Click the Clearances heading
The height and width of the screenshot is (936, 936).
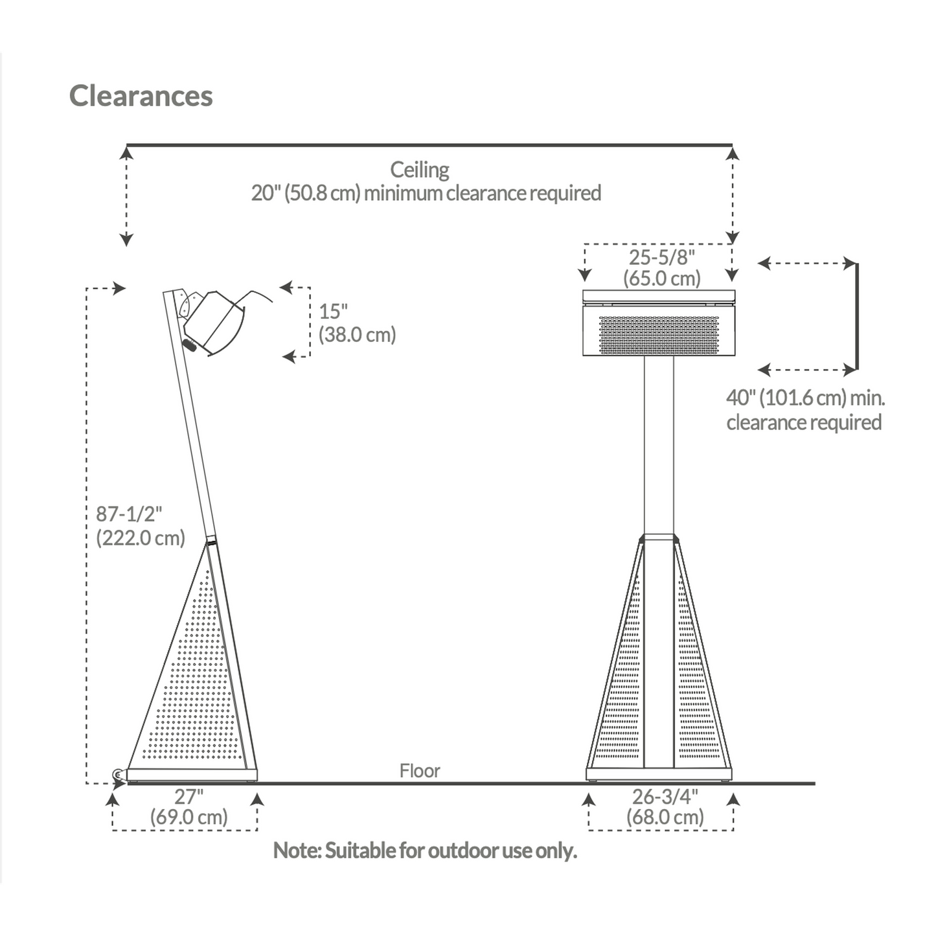141,96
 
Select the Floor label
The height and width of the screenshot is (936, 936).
420,771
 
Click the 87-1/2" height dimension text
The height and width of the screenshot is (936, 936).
129,514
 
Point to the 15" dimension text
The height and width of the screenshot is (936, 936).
334,312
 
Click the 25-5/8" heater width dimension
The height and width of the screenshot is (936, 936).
662,257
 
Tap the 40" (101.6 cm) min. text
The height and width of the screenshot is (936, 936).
806,398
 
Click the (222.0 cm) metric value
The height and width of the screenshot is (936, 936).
141,538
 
